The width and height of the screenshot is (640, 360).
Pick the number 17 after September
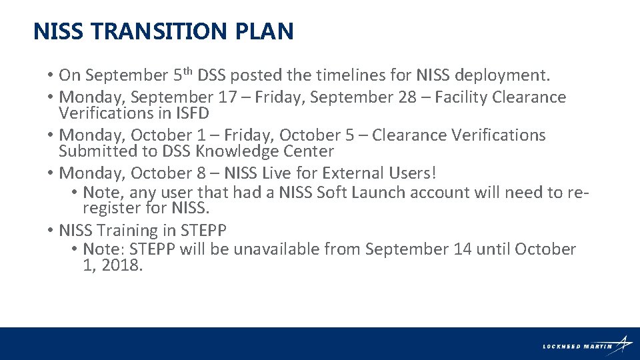[227, 97]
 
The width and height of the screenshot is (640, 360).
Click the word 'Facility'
[461, 97]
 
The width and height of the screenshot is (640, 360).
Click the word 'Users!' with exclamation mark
[413, 173]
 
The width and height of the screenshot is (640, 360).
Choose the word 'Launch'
[375, 193]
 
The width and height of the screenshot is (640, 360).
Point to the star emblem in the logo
[624, 343]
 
